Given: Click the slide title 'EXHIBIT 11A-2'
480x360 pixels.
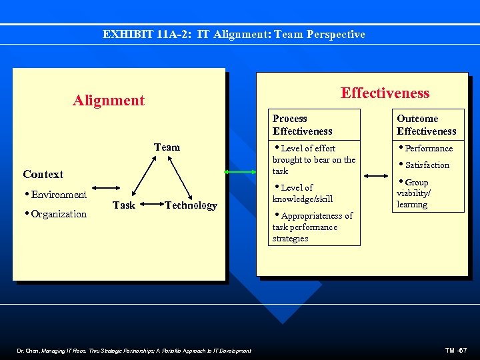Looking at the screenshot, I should (234, 34).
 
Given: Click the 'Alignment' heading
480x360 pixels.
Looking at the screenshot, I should (109, 101).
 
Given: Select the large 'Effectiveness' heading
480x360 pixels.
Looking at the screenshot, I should (385, 93).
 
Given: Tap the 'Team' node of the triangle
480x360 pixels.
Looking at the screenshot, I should (167, 147).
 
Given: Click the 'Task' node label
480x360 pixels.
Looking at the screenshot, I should (124, 205).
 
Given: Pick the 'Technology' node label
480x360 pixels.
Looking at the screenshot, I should (191, 205).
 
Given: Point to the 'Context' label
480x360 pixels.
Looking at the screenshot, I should (43, 174).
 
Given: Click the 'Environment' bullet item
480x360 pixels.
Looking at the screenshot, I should (56, 195).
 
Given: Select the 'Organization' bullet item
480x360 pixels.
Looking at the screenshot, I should (56, 214).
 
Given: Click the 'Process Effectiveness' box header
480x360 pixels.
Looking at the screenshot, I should (302, 125).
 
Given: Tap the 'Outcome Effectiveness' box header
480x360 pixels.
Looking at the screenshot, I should (426, 125).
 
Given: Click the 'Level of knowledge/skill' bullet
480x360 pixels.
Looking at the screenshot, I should (303, 193).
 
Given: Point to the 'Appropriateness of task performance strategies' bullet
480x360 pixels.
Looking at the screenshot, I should (311, 227).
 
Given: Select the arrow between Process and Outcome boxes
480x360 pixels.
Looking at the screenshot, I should (377, 177).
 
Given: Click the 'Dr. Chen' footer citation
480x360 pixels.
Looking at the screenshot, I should (133, 351).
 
